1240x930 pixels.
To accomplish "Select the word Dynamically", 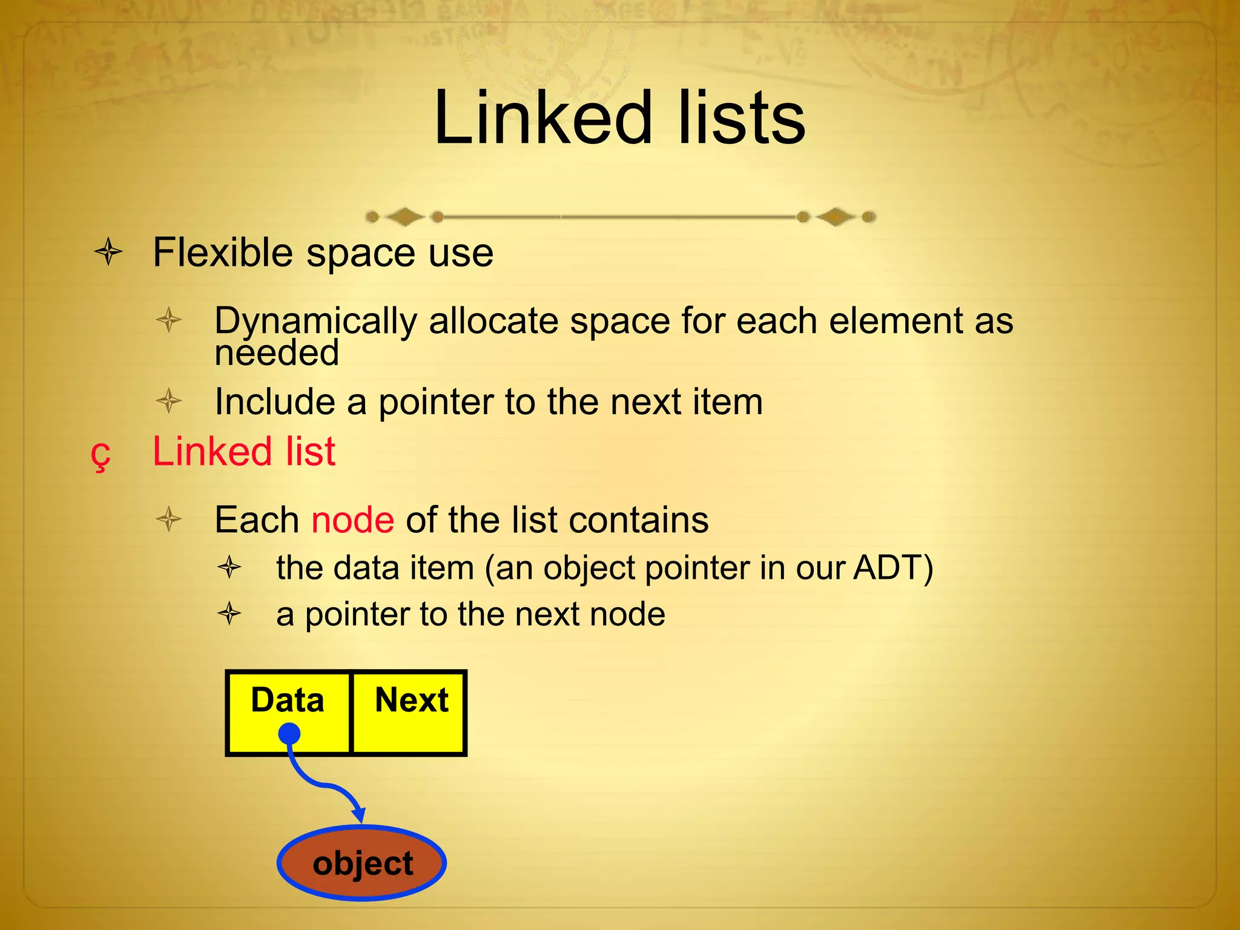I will pos(315,321).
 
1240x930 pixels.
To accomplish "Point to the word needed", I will pos(277,354).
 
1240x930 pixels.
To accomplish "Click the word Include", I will pos(275,401).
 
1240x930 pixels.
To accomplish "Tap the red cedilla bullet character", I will pos(101,454).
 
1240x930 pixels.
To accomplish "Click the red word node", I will pos(352,519).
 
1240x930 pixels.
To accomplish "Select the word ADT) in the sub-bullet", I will pos(893,568).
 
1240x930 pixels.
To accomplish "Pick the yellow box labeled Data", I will pos(288,713).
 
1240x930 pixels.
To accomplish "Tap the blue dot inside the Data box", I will pos(289,734).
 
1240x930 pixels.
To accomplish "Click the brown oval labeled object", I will pos(362,863).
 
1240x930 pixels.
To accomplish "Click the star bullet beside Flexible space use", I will pos(109,252).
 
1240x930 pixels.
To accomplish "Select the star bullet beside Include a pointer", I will pos(169,401).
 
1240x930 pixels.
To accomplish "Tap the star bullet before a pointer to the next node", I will pos(229,614).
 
